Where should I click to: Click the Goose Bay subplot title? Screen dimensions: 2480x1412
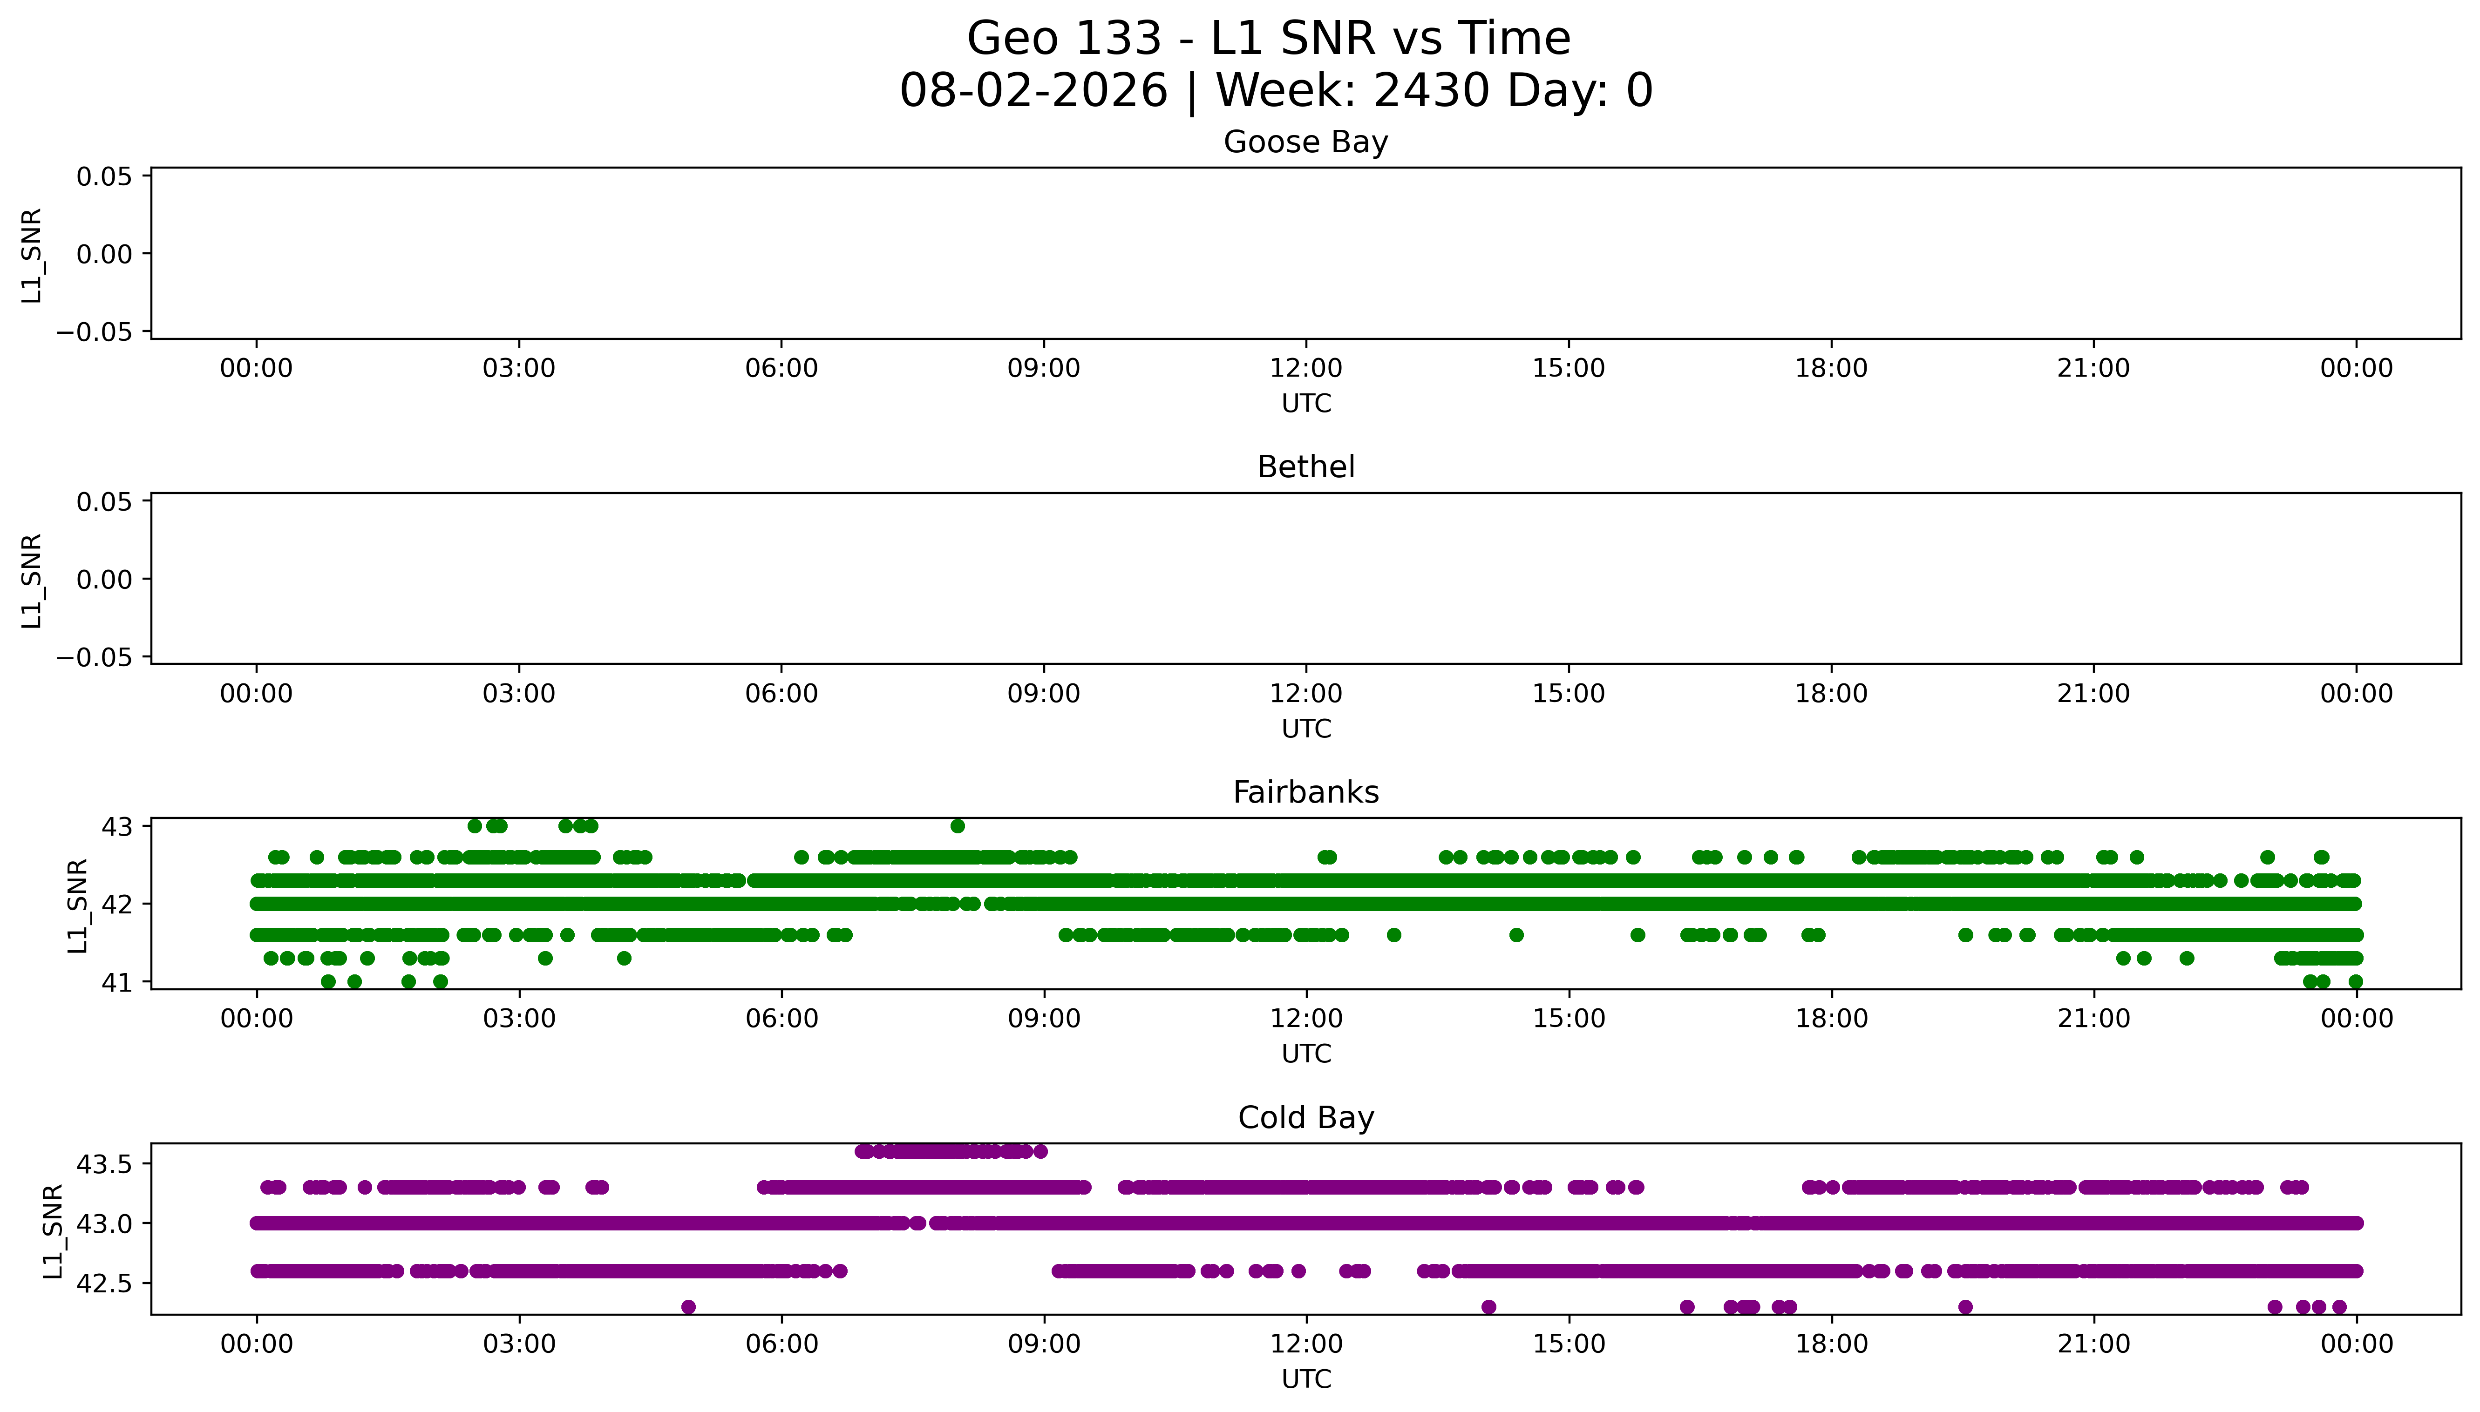coord(1305,142)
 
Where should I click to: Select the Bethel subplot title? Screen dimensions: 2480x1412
coord(1305,467)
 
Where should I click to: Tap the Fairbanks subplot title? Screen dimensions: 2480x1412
coord(1305,793)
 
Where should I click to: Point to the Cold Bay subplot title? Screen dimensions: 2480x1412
coord(1305,1118)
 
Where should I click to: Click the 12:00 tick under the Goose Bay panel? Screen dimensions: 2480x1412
coord(1305,369)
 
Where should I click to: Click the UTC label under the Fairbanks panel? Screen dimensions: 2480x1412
coord(1305,1054)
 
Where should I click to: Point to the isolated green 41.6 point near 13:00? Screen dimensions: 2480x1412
coord(1394,935)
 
